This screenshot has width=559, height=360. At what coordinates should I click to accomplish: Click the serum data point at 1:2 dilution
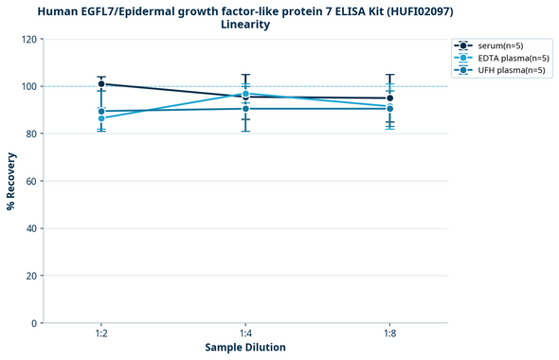point(101,84)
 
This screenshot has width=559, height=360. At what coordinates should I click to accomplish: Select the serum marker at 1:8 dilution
point(389,99)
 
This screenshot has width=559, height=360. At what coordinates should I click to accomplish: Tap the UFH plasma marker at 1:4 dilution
point(245,109)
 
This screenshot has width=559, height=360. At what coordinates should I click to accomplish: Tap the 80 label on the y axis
point(29,135)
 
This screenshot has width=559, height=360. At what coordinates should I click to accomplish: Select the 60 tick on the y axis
point(29,181)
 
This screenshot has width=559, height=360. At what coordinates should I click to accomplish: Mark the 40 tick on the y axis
point(29,228)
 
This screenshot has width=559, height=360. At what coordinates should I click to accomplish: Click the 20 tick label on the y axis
point(29,276)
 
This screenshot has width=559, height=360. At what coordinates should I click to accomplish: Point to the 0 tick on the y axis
point(32,323)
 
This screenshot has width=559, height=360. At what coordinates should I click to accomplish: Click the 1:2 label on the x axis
point(101,334)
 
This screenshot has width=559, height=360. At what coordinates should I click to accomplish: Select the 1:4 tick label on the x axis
point(245,334)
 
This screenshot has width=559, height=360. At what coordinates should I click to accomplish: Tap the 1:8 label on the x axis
point(389,334)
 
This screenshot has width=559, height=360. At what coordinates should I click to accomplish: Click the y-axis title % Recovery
point(11,181)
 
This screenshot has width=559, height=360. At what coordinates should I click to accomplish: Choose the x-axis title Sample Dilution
point(245,348)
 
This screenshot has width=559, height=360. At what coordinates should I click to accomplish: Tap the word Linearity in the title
point(245,25)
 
